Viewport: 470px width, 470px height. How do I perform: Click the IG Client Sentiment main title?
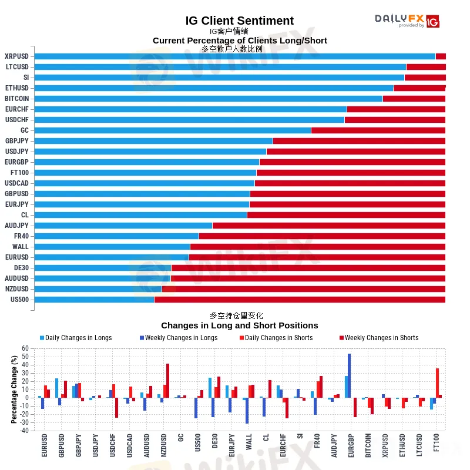pos(239,21)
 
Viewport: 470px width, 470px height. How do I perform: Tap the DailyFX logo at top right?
pos(407,21)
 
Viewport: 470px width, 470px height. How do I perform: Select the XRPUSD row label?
pos(16,56)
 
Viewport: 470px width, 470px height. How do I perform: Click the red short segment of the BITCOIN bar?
pos(414,99)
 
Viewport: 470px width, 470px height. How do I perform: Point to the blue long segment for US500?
pos(94,300)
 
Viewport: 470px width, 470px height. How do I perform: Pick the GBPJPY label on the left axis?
pos(16,141)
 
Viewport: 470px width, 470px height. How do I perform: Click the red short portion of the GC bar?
pos(378,130)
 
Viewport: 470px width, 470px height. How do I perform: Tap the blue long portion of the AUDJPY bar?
pos(123,226)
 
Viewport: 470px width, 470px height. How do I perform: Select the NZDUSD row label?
pos(16,289)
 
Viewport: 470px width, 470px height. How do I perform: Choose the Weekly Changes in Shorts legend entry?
pos(381,338)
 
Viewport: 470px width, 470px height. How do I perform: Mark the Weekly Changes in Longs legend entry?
pos(181,338)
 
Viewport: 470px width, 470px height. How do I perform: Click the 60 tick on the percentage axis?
pos(25,348)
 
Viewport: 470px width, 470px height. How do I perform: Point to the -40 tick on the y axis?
pos(23,431)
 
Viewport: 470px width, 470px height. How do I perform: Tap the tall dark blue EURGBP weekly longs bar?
pos(350,376)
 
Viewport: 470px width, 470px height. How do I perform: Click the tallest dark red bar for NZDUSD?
pos(167,381)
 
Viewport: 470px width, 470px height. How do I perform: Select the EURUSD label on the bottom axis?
pos(45,445)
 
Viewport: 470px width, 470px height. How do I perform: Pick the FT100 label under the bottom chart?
pos(436,445)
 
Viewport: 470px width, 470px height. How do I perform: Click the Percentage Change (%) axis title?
pos(14,390)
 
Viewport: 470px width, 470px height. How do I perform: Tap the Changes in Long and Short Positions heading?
pos(239,325)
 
